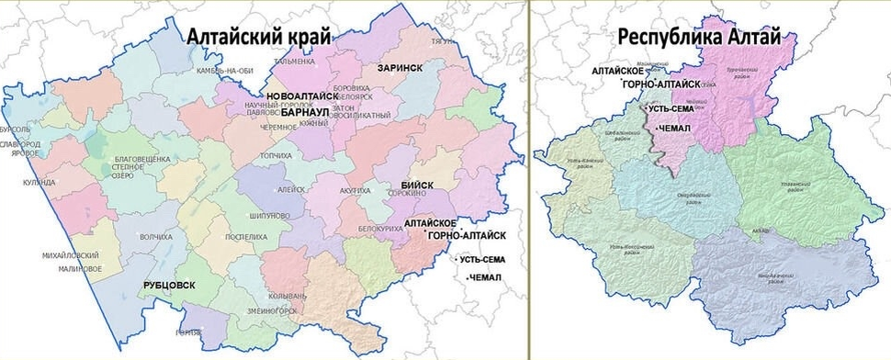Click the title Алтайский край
258,37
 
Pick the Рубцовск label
169,286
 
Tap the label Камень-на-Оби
219,71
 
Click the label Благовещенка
142,159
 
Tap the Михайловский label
72,254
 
